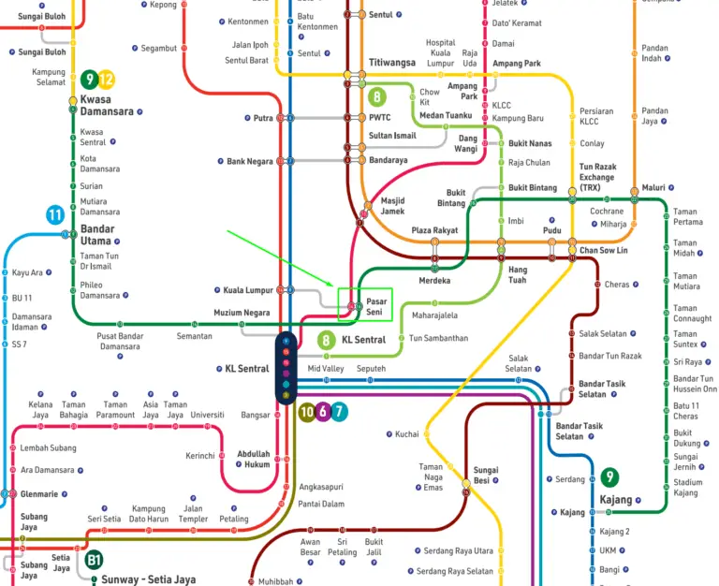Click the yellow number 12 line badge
pyautogui.click(x=107, y=80)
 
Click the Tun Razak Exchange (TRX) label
pyautogui.click(x=597, y=177)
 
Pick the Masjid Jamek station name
pyautogui.click(x=392, y=206)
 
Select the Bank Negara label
pyautogui.click(x=250, y=161)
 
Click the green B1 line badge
pyautogui.click(x=94, y=560)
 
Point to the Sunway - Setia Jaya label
pyautogui.click(x=149, y=579)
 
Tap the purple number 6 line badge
pyautogui.click(x=322, y=411)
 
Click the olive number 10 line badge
pyautogui.click(x=306, y=411)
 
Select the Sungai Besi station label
pyautogui.click(x=486, y=476)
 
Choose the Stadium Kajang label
pyautogui.click(x=687, y=487)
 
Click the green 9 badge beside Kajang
pyautogui.click(x=609, y=476)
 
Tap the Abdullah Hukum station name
pyautogui.click(x=253, y=459)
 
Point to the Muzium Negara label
pyautogui.click(x=242, y=313)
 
